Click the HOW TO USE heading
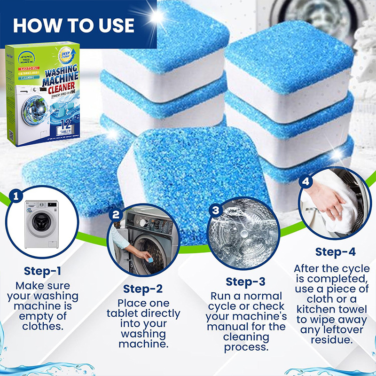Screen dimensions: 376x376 74,25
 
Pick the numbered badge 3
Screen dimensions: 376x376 216,210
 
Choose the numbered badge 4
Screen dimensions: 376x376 306,181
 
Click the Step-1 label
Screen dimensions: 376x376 42,271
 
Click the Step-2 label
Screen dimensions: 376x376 143,289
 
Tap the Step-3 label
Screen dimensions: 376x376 246,282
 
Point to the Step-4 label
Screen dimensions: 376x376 335,251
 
